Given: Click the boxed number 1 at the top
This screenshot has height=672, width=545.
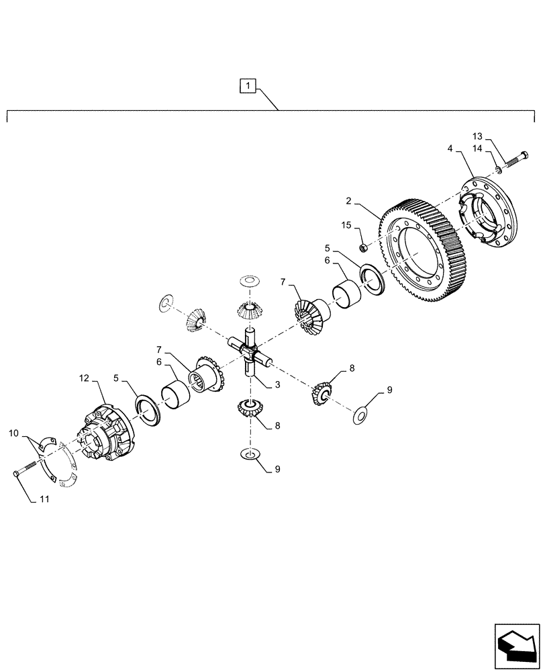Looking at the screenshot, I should [248, 85].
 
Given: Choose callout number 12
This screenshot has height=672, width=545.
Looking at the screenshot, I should [84, 379].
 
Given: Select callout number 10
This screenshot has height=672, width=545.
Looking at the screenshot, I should [13, 435].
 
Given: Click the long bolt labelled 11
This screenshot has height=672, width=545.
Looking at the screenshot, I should [28, 468].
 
